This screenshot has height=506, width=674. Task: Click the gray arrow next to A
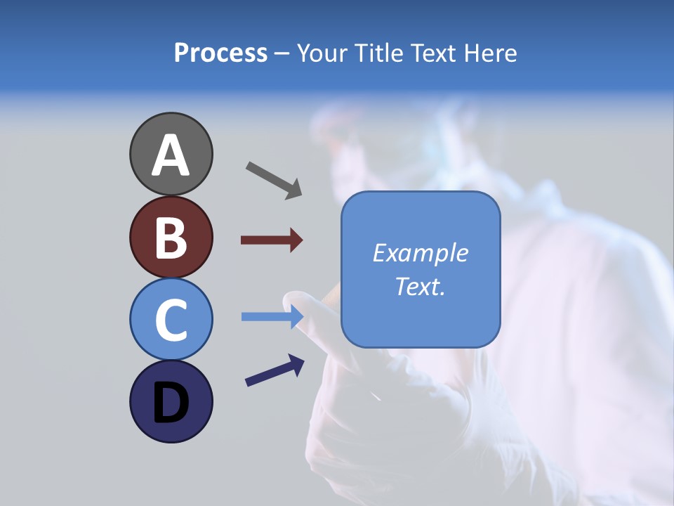click(x=274, y=180)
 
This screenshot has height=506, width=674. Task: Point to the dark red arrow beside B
click(x=272, y=240)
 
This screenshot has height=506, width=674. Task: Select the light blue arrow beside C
click(x=272, y=317)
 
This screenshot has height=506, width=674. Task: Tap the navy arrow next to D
click(x=275, y=371)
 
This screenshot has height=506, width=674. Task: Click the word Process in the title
click(x=220, y=53)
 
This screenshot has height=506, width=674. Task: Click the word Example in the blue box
click(x=420, y=253)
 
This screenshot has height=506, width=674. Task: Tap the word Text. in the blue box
click(x=420, y=287)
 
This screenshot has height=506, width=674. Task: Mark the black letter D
click(x=171, y=403)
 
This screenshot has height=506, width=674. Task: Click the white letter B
click(x=171, y=238)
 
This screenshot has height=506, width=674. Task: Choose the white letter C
click(x=171, y=320)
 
